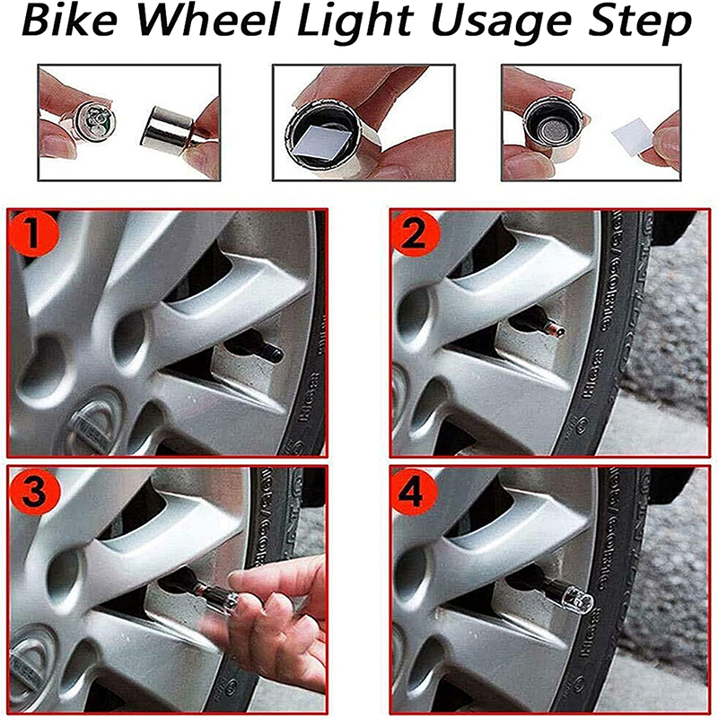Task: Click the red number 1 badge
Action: point(32,235)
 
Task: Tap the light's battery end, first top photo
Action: point(98,119)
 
